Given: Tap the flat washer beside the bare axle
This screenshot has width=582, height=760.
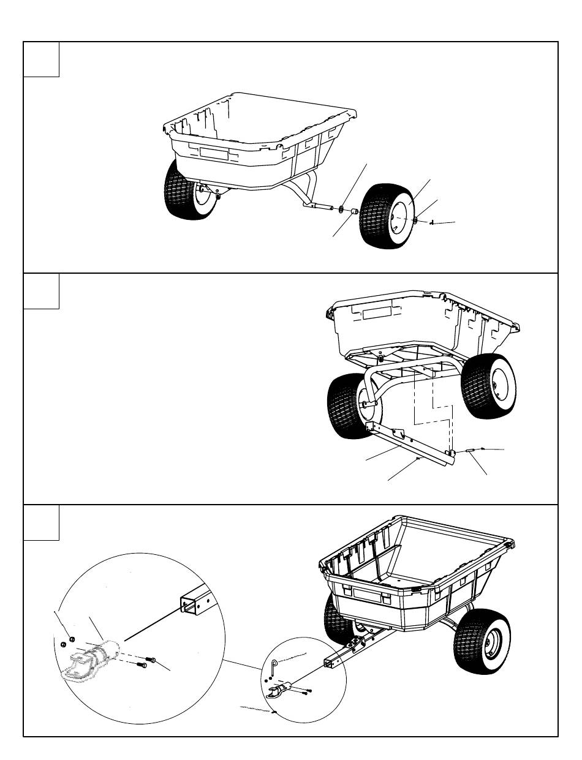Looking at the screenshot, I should pos(341,209).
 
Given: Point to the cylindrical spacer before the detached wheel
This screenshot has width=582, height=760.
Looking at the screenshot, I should pos(353,213).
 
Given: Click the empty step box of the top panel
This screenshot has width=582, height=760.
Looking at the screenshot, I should pos(41,59).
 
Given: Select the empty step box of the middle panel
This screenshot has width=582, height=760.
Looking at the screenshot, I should pos(41,292).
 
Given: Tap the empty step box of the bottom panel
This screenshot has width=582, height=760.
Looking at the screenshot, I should pos(41,523).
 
